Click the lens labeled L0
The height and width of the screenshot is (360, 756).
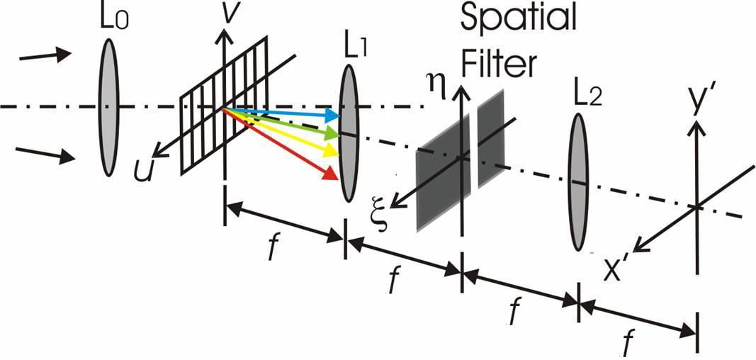pyautogui.click(x=108, y=107)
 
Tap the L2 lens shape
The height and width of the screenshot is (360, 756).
pyautogui.click(x=579, y=182)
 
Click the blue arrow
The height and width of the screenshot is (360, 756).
pyautogui.click(x=281, y=113)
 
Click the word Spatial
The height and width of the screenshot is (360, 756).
pyautogui.click(x=519, y=19)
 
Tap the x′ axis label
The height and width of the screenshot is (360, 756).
pyautogui.click(x=618, y=271)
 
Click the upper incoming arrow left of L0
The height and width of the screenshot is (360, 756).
pyautogui.click(x=45, y=55)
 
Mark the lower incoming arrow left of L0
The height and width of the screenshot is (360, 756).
pyautogui.click(x=45, y=154)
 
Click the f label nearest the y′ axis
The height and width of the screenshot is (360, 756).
pyautogui.click(x=627, y=344)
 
